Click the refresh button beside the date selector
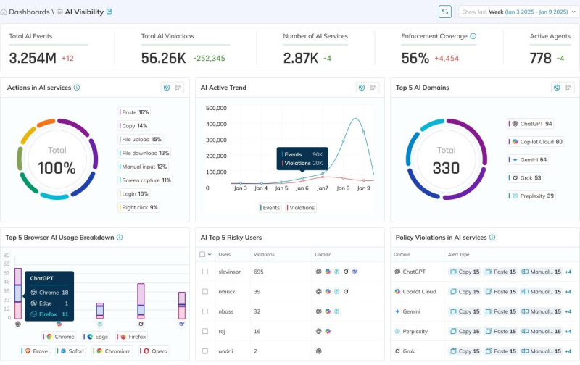click(445, 12)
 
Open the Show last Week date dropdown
click(518, 12)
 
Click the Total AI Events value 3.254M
click(33, 58)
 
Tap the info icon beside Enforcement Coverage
click(473, 36)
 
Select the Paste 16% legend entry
click(135, 112)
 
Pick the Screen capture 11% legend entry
click(146, 180)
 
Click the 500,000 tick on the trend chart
click(217, 108)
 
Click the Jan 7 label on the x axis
click(323, 188)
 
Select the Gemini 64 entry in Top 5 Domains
click(533, 160)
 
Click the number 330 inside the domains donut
click(446, 169)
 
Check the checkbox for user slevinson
click(205, 272)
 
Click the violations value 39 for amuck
click(257, 291)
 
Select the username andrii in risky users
click(226, 351)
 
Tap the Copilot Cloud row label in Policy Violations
click(419, 291)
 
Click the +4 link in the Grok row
click(568, 351)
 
